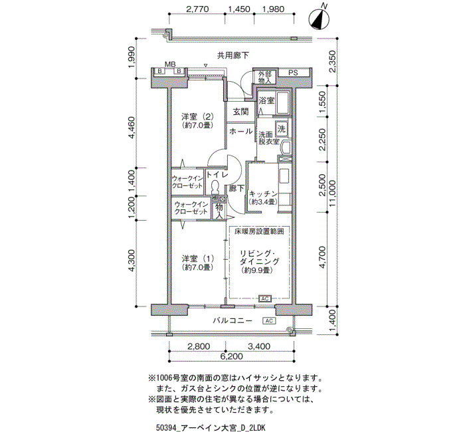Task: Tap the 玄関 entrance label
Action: tap(240, 112)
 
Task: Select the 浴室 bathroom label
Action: tap(266, 100)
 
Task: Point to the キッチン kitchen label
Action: tap(263, 194)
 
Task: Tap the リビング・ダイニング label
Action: tap(259, 258)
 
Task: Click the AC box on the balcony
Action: tap(269, 321)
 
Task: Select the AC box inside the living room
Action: tap(265, 298)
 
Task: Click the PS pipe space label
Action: tap(293, 72)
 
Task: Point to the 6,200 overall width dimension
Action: tap(232, 356)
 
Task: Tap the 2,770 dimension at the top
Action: tap(197, 9)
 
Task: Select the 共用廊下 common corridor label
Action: tap(233, 55)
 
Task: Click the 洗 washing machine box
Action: tap(281, 129)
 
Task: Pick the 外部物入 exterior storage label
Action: tap(264, 77)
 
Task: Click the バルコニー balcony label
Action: tap(232, 321)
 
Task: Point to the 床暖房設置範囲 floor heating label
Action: tap(259, 231)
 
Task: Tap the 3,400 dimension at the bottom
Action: tap(259, 346)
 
